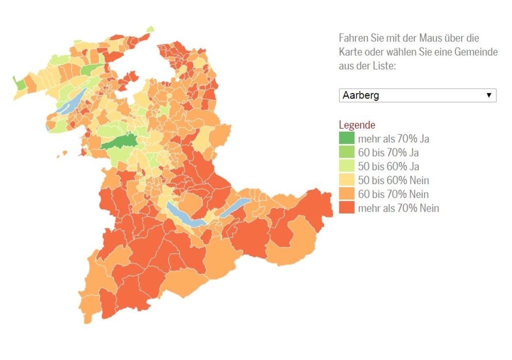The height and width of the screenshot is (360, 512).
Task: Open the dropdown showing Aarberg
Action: click(410, 95)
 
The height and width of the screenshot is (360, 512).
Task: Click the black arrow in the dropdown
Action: click(488, 95)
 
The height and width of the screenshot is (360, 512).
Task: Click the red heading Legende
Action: click(356, 125)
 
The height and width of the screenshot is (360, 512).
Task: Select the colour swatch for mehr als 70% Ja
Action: click(346, 138)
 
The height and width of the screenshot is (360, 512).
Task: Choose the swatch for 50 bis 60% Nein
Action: click(346, 180)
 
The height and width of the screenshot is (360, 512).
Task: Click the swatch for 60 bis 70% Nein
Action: click(346, 194)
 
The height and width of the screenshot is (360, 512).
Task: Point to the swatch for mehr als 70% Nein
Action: click(346, 207)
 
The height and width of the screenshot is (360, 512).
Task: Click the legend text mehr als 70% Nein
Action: click(398, 208)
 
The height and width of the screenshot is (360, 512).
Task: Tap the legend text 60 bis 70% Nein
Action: click(393, 194)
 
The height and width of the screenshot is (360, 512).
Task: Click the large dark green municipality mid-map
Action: click(120, 142)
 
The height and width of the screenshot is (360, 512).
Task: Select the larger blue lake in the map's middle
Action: click(182, 215)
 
